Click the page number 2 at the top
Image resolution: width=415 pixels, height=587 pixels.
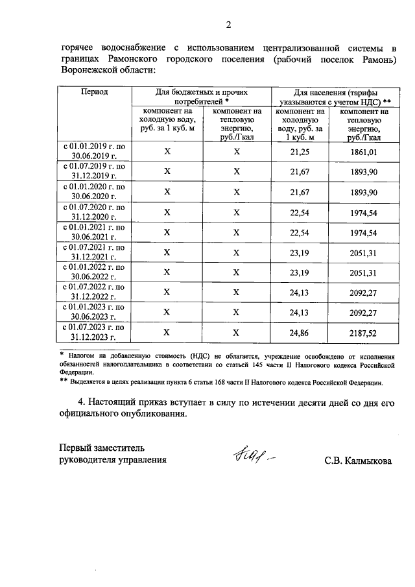coord(228,25)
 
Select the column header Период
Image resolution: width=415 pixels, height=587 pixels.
coord(94,92)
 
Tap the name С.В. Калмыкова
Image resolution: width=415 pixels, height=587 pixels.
coord(359,461)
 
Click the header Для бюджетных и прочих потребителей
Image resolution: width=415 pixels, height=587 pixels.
coord(202,97)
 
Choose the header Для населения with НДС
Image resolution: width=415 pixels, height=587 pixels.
coord(333,97)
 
